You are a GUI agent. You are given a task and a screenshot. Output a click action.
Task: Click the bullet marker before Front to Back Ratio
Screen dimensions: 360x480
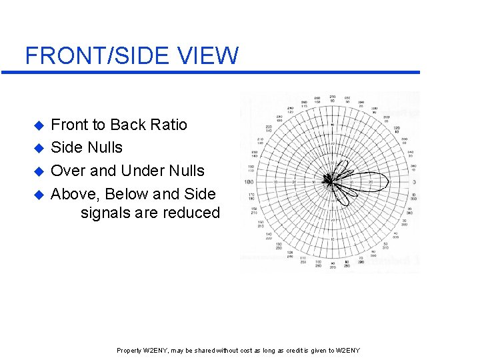39,125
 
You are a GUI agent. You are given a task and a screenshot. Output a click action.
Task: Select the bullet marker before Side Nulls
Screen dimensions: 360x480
39,148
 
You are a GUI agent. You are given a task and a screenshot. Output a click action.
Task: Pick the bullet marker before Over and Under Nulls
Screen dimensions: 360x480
39,171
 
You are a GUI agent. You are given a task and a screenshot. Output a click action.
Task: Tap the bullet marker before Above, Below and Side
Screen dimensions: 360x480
39,195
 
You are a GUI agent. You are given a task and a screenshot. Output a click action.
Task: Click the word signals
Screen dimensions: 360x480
105,214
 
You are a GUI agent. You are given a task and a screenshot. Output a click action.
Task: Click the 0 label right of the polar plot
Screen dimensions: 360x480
413,181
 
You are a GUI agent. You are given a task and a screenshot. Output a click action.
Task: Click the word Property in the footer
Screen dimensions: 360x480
129,351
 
